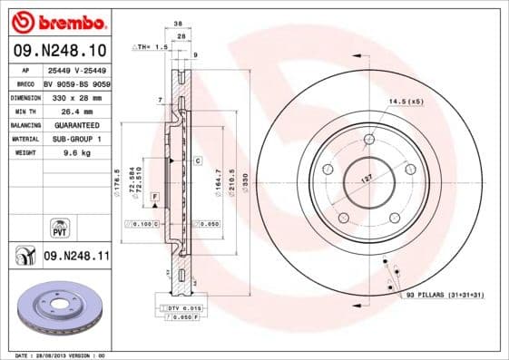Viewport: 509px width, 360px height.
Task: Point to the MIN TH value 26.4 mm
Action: (x=73, y=110)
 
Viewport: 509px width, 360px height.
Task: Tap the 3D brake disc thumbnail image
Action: (x=56, y=309)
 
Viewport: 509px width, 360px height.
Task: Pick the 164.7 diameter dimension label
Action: (x=218, y=178)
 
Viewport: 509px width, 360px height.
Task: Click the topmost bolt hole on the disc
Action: (x=369, y=140)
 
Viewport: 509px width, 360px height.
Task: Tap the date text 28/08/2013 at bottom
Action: (x=59, y=355)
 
